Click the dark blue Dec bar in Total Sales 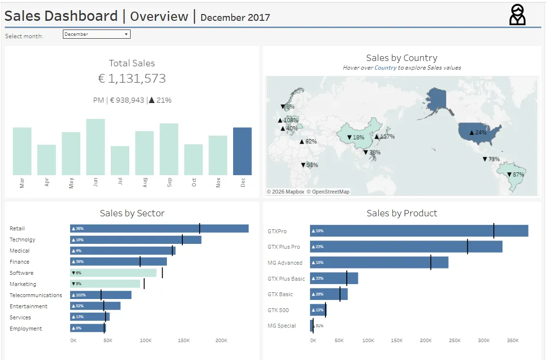click(242, 151)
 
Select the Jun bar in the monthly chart click(95, 147)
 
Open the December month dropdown click(96, 34)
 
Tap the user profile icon click(517, 15)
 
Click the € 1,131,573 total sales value click(132, 78)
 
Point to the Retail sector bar click(159, 228)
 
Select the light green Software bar click(113, 273)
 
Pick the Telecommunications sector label click(36, 295)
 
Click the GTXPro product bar click(419, 231)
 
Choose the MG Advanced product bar click(379, 262)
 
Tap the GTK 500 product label click(278, 310)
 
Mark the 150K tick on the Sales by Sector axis click(183, 341)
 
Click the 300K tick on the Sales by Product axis click(484, 341)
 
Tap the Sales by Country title click(401, 58)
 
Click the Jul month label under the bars click(120, 182)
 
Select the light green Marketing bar click(105, 284)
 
